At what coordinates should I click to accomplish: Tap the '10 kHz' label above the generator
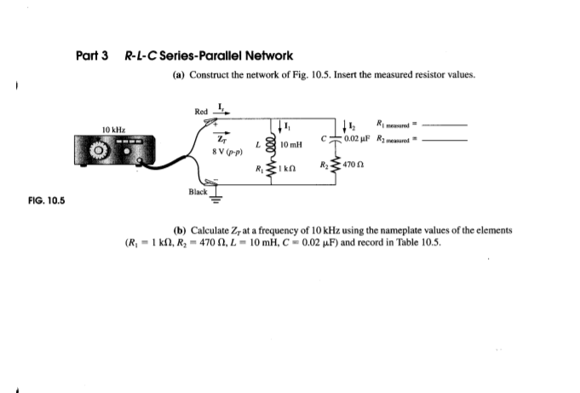pos(114,129)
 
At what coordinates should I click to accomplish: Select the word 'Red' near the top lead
pos(200,111)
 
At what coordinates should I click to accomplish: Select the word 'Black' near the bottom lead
pos(198,193)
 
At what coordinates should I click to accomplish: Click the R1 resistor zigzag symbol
pos(272,172)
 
